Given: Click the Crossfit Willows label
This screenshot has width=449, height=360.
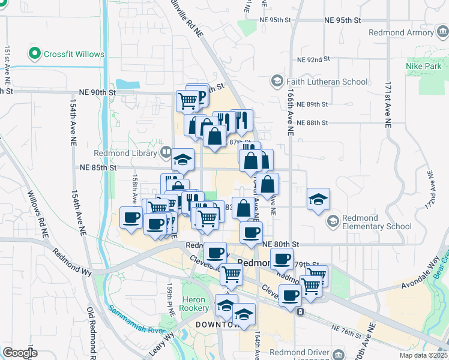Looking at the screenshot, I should point(74,54).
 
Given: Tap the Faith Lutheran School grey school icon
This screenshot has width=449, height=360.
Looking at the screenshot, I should point(277,80).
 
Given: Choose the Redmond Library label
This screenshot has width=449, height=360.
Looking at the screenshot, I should point(133,154).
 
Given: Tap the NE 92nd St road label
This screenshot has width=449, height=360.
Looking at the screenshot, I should point(315,59).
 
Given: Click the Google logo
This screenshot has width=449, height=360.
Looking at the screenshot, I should point(20,352).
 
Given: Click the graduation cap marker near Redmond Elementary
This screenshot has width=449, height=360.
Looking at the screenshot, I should point(318,199).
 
